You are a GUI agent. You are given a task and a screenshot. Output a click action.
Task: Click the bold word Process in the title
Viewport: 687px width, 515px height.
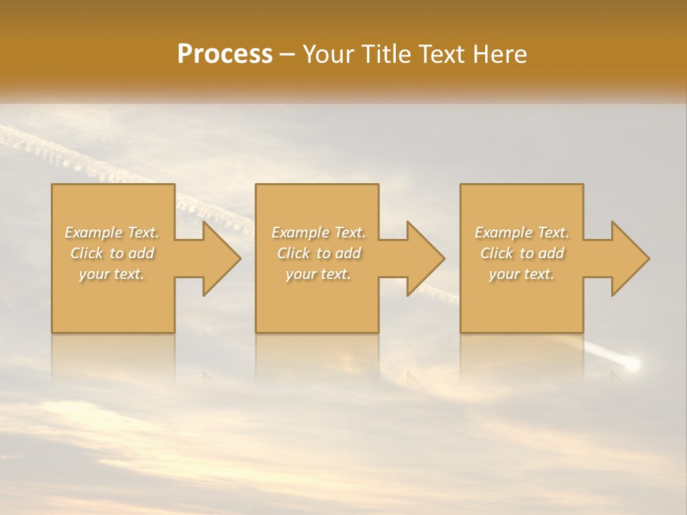225,54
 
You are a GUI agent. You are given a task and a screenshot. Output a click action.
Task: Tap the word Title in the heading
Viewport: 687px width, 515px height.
386,54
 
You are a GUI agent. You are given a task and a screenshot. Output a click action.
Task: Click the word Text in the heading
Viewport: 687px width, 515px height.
444,54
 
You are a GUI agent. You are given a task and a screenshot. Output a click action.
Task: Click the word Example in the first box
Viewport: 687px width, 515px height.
94,232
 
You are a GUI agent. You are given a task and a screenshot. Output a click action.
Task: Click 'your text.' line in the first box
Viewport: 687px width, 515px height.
112,274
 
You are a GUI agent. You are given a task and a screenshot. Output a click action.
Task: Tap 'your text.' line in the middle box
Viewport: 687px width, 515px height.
318,274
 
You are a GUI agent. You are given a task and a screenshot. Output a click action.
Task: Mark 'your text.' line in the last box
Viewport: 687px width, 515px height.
522,274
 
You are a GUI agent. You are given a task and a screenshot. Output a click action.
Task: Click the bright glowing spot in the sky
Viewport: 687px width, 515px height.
632,365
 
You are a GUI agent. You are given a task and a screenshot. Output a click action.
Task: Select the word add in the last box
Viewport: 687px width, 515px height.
552,253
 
